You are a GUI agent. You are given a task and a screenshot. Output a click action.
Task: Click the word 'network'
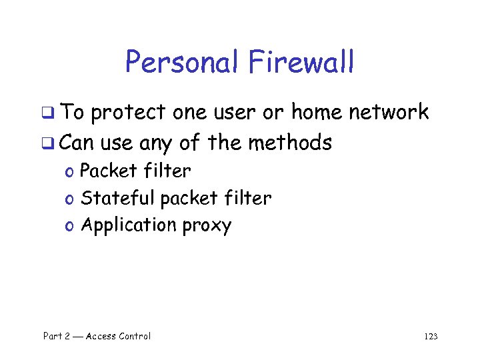[389, 112]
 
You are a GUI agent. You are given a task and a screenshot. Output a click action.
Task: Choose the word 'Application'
[128, 226]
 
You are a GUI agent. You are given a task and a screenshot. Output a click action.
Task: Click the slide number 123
[431, 337]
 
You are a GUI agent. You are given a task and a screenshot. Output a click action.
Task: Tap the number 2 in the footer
[67, 336]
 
